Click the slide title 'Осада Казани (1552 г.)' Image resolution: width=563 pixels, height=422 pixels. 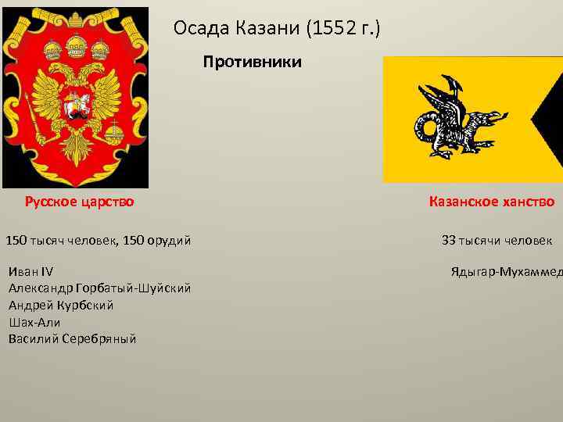(x=277, y=30)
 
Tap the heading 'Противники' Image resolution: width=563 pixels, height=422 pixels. (x=252, y=62)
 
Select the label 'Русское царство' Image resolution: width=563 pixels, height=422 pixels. (x=79, y=202)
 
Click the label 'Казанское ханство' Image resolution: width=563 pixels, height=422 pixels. (x=492, y=202)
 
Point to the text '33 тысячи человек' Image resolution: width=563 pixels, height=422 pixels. (x=497, y=241)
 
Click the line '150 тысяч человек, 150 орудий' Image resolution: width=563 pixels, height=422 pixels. (x=99, y=241)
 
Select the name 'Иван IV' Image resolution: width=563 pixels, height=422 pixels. (x=30, y=272)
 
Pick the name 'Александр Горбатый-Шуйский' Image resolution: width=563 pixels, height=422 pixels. (x=99, y=288)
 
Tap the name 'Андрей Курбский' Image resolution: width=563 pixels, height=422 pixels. (x=61, y=305)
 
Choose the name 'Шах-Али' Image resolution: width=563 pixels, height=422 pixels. (x=34, y=322)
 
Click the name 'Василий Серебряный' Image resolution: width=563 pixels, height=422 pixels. (x=72, y=338)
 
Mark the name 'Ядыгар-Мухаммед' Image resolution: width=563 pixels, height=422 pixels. (x=507, y=272)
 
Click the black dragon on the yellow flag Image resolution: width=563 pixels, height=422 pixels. (x=454, y=120)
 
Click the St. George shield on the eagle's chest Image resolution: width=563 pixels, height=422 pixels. (x=76, y=106)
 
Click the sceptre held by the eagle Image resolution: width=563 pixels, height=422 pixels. (x=29, y=109)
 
